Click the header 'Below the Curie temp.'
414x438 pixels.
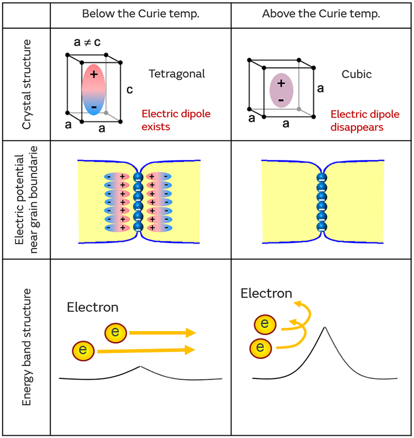[x=140, y=14]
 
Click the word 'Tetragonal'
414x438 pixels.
[x=177, y=73]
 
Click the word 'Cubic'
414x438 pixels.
[x=357, y=73]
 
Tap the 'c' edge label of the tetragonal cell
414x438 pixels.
[x=129, y=90]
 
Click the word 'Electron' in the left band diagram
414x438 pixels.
[x=92, y=307]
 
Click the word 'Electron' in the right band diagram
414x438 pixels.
[x=266, y=293]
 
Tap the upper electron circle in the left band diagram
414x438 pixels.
[x=115, y=332]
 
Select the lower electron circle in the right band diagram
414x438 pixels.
[x=261, y=348]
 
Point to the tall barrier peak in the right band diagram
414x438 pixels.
[x=325, y=327]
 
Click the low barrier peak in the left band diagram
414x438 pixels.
[x=141, y=366]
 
